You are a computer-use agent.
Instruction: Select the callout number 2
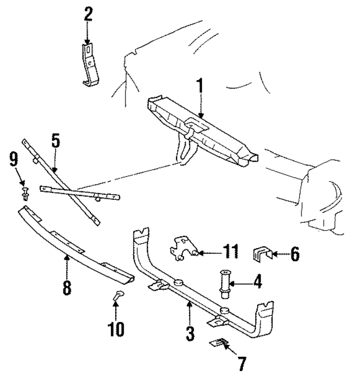pos(88,14)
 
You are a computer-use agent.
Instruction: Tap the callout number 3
pos(190,333)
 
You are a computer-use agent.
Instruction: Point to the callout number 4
pos(256,281)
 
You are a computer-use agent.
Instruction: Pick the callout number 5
pos(55,141)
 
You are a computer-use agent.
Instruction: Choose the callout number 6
pos(294,254)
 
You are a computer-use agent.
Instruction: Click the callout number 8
pos(66,288)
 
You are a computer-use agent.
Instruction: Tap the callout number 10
pos(115,328)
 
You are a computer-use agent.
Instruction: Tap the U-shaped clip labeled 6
pos(260,254)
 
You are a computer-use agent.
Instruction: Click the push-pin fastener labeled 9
pos(26,195)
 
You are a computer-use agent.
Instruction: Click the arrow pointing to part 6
pos(278,254)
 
